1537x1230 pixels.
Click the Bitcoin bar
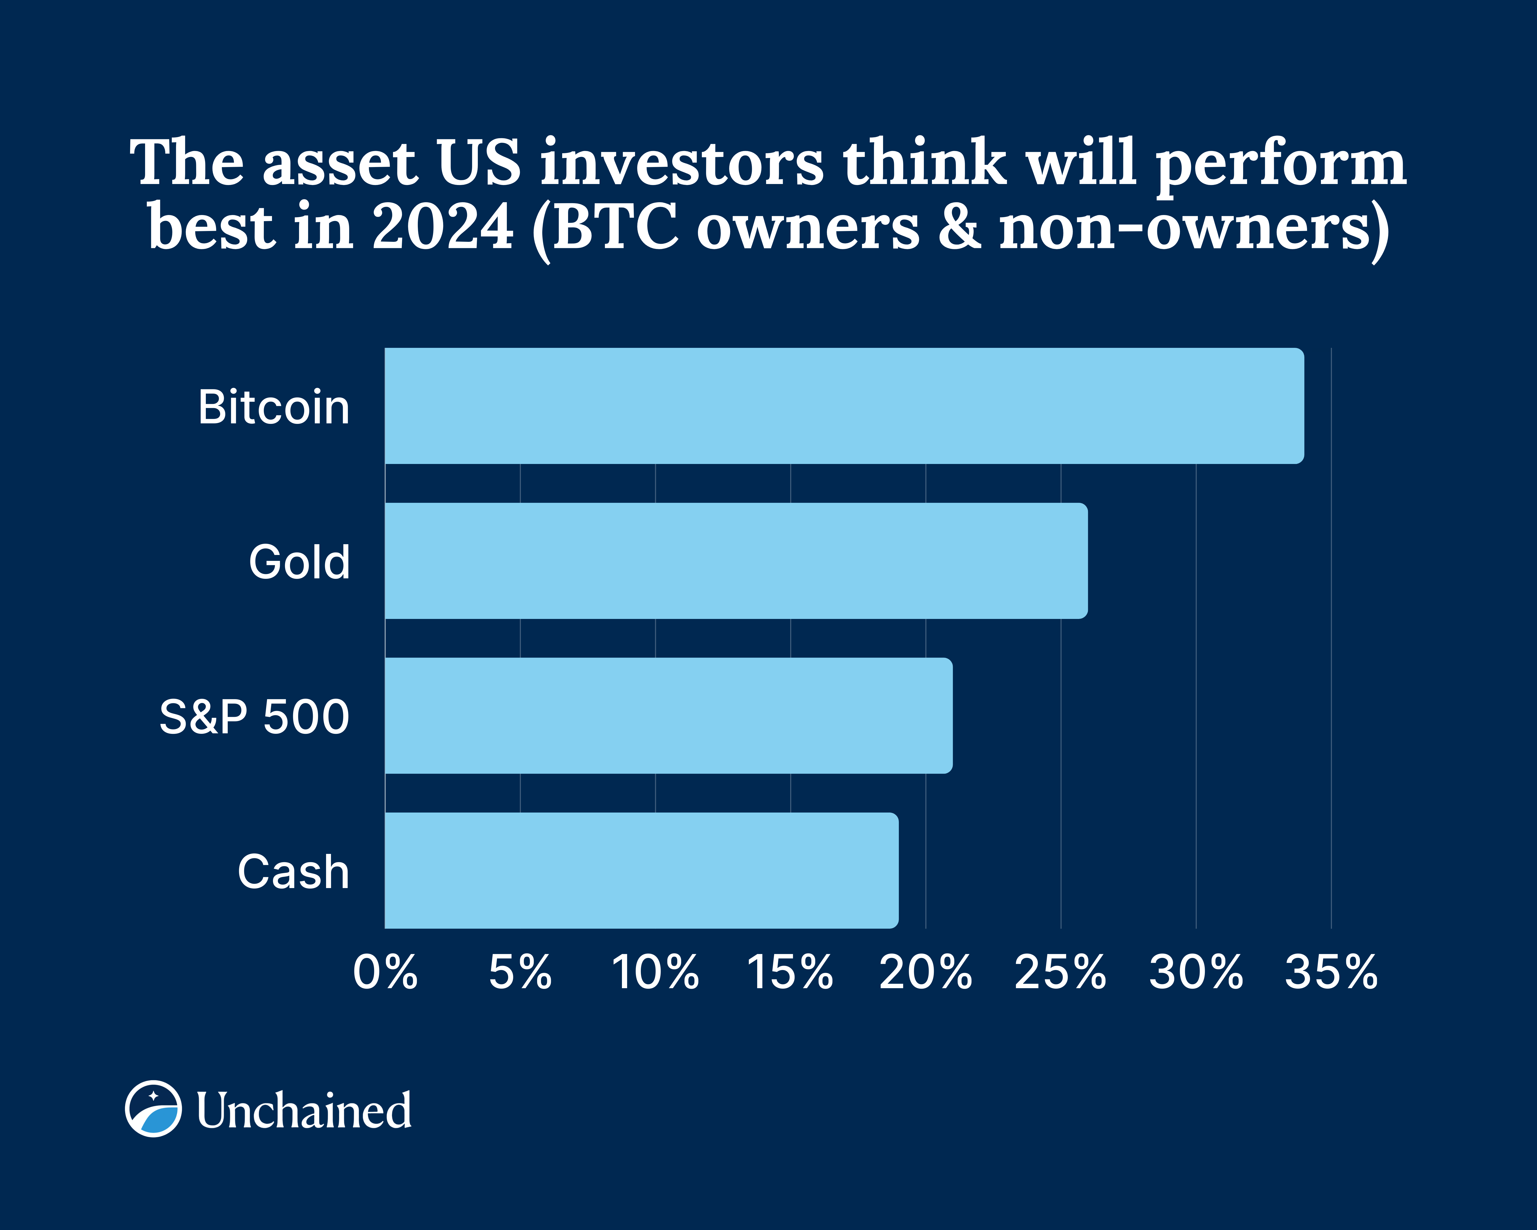point(844,406)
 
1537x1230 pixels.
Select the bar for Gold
point(736,560)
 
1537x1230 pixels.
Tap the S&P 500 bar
point(668,715)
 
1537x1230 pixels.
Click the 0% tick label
point(385,972)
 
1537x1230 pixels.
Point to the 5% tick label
point(520,972)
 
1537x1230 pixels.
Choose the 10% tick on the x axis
point(655,972)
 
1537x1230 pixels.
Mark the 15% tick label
point(790,972)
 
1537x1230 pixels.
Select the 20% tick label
point(925,972)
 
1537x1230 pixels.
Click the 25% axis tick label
point(1060,972)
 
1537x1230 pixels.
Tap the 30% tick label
point(1195,972)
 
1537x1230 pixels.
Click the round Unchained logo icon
point(153,1109)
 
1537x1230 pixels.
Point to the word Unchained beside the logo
point(304,1110)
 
